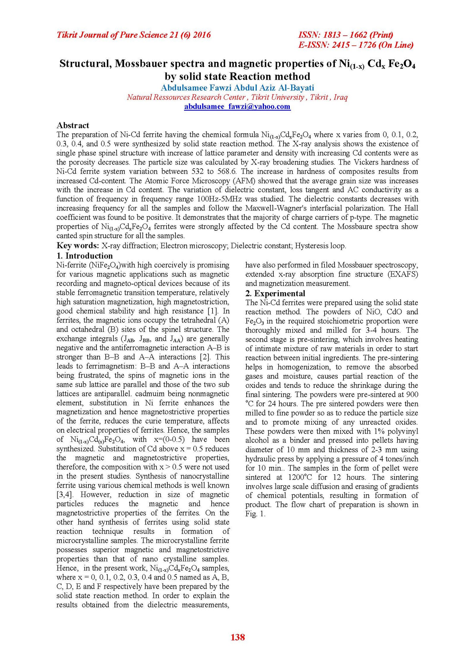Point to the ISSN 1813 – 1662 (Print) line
coord(346,35)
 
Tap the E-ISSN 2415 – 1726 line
coord(356,45)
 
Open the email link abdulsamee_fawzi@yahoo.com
coord(237,106)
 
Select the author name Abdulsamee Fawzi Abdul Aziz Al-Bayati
coord(237,88)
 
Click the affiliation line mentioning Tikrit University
coord(237,97)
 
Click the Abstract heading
coord(73,125)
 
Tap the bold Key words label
coord(78,246)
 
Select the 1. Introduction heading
coord(85,256)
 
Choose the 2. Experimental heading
coord(275,293)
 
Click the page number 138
coord(237,637)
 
